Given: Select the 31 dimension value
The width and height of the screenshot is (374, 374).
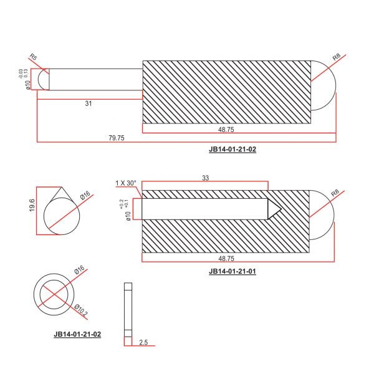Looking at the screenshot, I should click(x=89, y=103).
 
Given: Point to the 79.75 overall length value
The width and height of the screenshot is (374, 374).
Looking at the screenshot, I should click(x=116, y=138).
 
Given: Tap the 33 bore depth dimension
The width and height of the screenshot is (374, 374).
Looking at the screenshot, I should click(x=205, y=178).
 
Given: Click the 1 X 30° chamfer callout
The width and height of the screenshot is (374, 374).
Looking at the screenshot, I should click(x=125, y=183).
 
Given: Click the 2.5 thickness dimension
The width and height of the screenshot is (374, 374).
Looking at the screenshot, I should click(x=143, y=342).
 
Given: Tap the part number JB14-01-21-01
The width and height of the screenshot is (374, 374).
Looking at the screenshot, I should click(x=233, y=271).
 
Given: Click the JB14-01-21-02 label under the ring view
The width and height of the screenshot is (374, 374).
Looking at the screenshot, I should click(x=77, y=334).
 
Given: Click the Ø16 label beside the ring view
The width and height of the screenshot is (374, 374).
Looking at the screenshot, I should click(x=79, y=271).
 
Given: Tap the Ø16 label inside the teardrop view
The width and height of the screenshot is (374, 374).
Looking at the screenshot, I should click(x=85, y=196).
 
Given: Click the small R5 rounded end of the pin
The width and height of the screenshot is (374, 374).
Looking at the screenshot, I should click(x=43, y=79).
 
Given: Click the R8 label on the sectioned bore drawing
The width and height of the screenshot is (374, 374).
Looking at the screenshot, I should click(x=336, y=193).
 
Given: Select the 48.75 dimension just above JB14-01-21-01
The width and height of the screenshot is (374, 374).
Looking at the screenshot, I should click(x=226, y=258).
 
